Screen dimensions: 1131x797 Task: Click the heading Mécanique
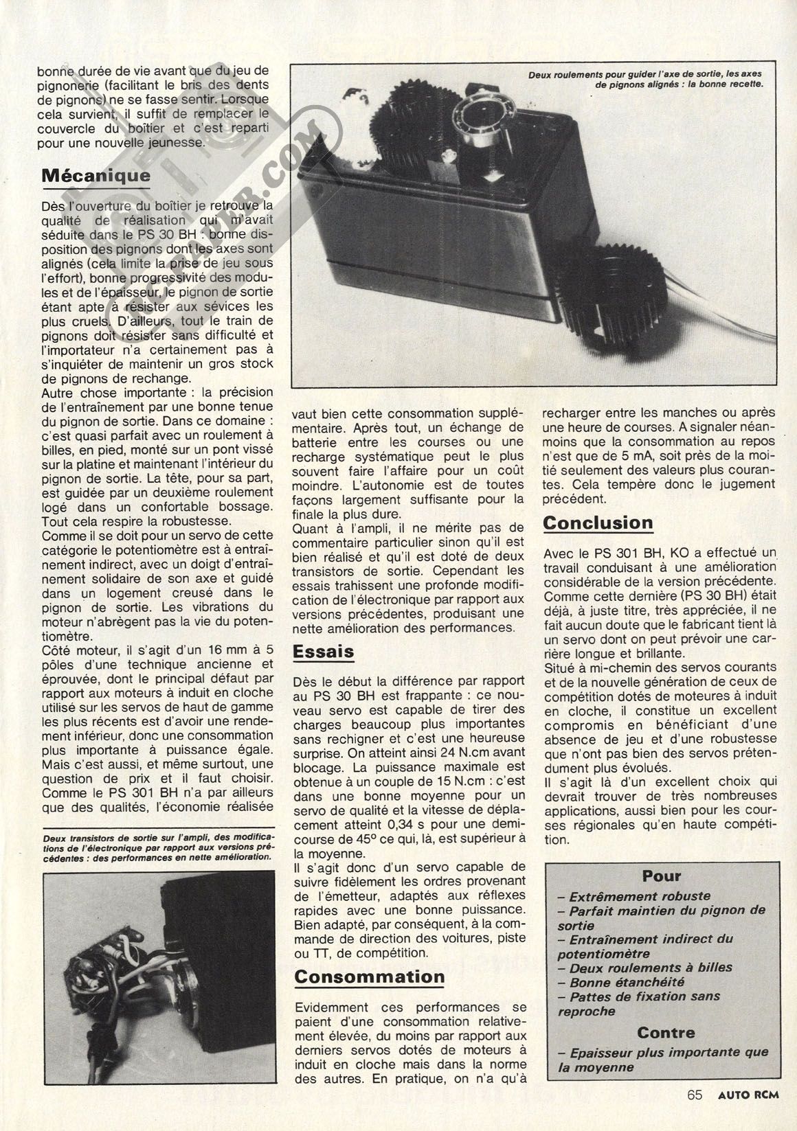(96, 176)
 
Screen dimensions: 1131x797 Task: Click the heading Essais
(323, 651)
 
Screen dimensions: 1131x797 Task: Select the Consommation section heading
(370, 976)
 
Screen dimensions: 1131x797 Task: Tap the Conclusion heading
(598, 523)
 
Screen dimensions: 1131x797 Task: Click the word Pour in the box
(662, 876)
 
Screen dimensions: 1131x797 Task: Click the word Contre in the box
(666, 1032)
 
